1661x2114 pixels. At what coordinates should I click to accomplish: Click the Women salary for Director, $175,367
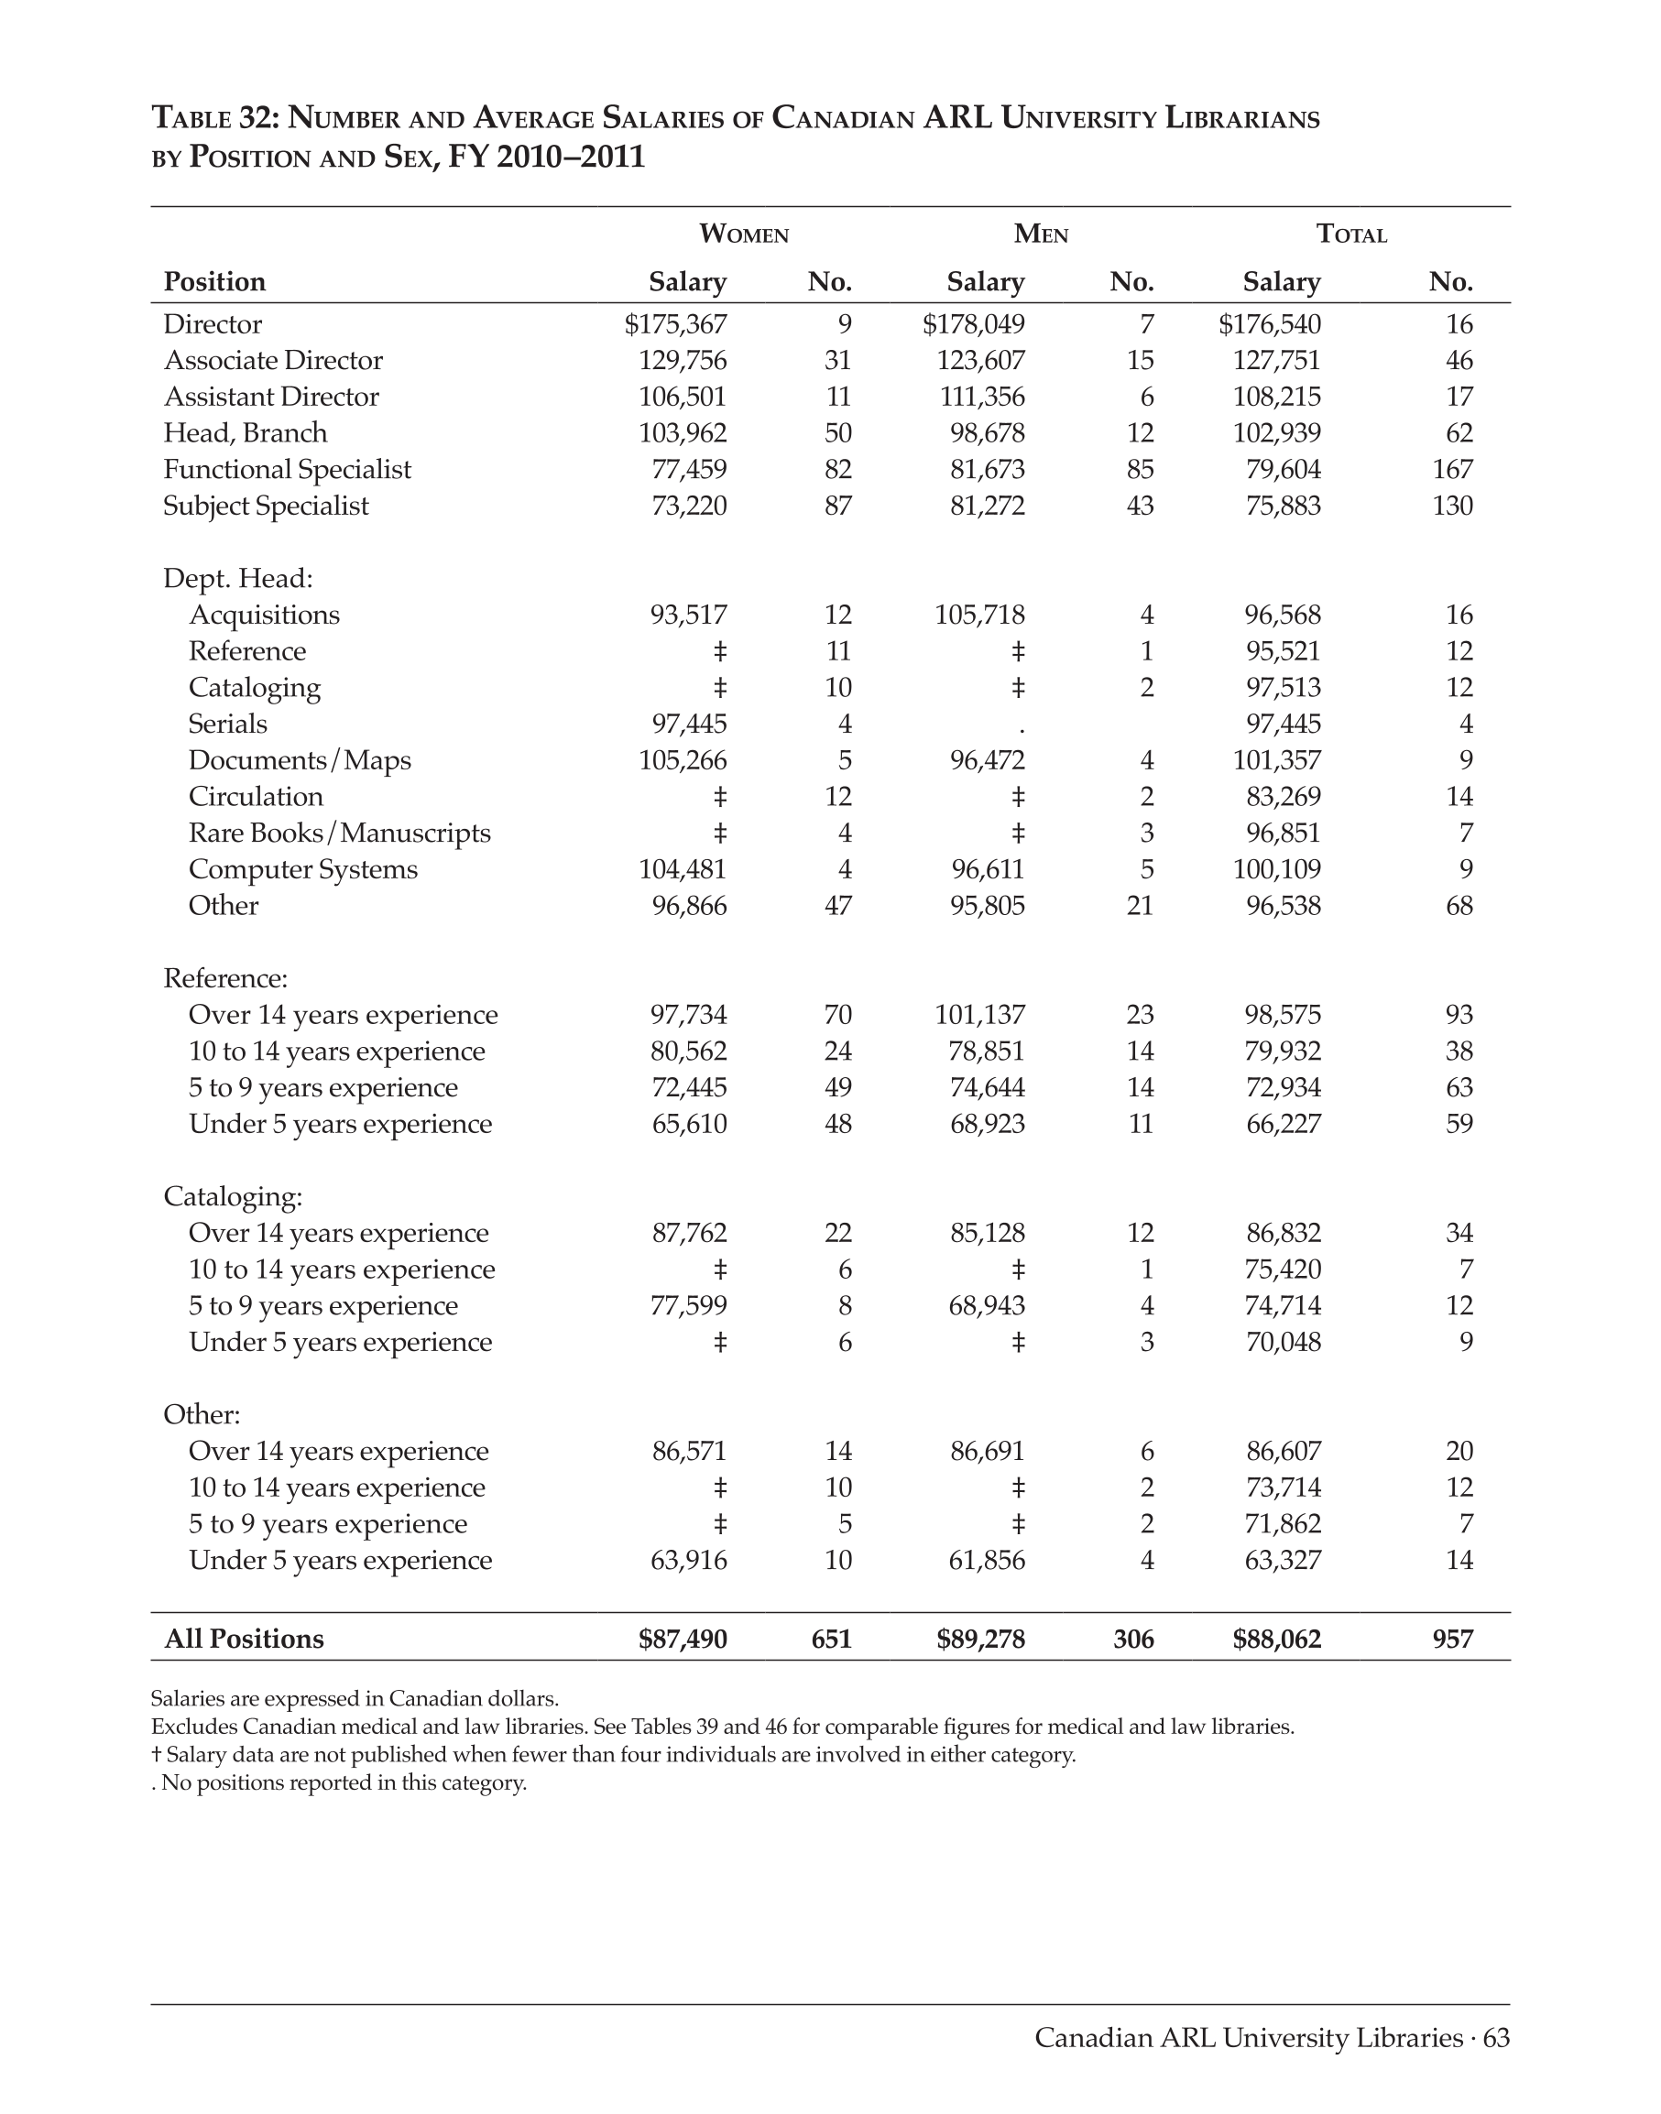tap(675, 325)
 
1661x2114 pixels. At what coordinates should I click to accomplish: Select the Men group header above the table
tap(1041, 234)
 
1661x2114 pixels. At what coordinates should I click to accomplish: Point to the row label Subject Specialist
tap(266, 507)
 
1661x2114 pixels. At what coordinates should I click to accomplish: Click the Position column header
tap(214, 282)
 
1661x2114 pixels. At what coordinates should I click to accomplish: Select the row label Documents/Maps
tap(300, 760)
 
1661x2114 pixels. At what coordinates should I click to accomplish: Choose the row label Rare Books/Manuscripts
tap(339, 834)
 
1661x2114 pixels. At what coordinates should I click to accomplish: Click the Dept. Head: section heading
tap(237, 579)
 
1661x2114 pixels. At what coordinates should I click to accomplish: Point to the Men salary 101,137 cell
tap(979, 1015)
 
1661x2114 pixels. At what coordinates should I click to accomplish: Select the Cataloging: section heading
tap(233, 1196)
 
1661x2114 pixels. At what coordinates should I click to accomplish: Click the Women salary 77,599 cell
tap(687, 1306)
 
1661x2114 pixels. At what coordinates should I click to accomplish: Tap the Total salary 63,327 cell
tap(1283, 1561)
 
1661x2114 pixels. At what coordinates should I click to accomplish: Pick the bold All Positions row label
tap(243, 1640)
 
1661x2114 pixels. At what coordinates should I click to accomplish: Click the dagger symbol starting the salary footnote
tap(156, 1755)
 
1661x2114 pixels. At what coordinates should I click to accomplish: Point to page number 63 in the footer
tap(1496, 2038)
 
